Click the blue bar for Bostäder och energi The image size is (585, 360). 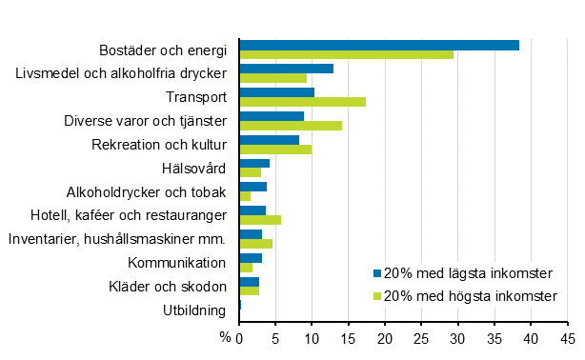coord(379,45)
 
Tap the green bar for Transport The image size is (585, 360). coord(302,102)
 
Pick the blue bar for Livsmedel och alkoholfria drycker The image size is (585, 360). coord(286,69)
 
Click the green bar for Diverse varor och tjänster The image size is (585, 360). coord(291,126)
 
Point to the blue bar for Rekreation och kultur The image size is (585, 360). coord(269,140)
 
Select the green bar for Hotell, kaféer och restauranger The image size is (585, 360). coord(260,220)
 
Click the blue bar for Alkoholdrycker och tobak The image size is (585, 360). coord(252,187)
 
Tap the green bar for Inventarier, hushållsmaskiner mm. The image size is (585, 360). coord(255,244)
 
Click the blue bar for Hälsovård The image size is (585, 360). coord(254,163)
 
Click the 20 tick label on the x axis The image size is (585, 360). coord(385,337)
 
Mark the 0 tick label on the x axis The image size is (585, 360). coord(240,337)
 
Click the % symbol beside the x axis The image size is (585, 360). coord(226,337)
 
